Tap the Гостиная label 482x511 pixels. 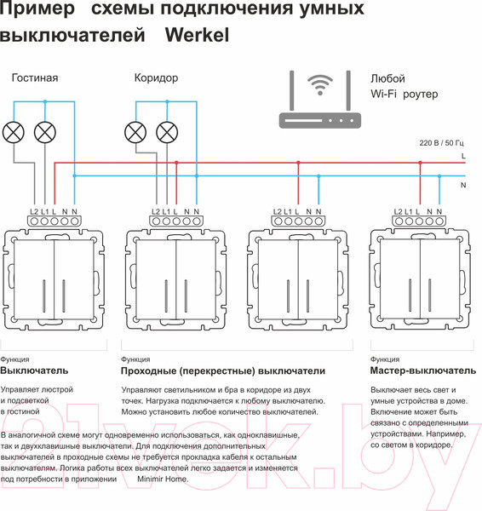35,78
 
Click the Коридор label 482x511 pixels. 156,78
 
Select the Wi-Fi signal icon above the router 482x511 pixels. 320,86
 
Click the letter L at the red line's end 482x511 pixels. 462,157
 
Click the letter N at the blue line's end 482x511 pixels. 462,184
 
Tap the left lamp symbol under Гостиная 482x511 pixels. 14,132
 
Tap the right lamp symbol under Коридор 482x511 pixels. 167,132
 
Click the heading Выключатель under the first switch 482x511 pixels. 34,371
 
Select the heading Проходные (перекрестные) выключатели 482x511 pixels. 223,371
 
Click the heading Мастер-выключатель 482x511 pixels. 423,371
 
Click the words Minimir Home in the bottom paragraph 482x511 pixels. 163,479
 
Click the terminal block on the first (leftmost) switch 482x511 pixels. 55,221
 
